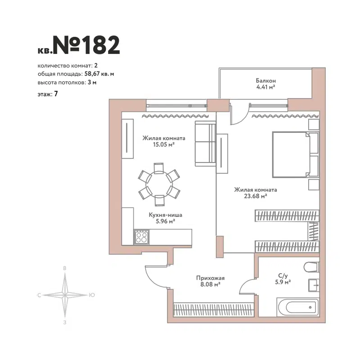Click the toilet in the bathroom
[311, 268]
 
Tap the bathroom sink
[314, 284]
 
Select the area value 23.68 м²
[256, 196]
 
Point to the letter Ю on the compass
[92, 295]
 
